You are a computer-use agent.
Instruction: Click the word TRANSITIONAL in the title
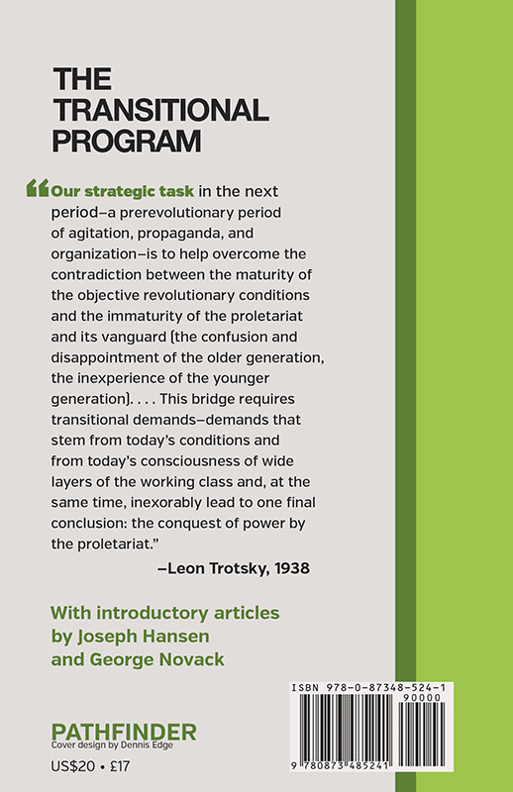click(160, 109)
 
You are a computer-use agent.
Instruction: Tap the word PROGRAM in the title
click(126, 140)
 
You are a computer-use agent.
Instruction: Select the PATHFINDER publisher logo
click(124, 732)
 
